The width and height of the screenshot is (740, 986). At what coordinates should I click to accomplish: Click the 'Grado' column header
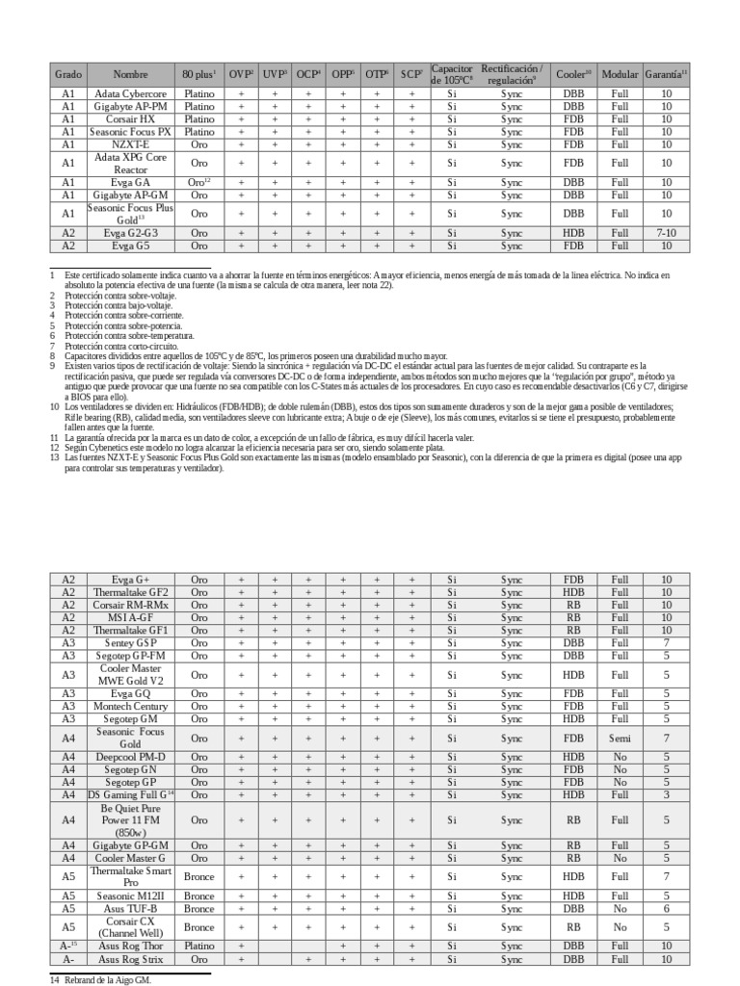click(68, 74)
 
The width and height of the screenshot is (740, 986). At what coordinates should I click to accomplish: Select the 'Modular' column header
click(620, 74)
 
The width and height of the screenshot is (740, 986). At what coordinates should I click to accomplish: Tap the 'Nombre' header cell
click(131, 74)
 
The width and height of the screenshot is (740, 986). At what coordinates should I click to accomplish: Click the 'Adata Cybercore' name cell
click(131, 94)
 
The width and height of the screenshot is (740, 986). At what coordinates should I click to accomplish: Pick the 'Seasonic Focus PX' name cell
click(131, 132)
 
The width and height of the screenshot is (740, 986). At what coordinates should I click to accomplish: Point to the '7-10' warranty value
click(666, 233)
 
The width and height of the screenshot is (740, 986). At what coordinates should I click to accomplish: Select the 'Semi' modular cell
click(620, 738)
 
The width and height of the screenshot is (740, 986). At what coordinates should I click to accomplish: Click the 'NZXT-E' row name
click(131, 144)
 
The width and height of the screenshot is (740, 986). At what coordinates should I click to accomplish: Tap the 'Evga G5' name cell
click(131, 246)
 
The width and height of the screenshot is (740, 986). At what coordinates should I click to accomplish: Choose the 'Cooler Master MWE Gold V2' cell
click(131, 675)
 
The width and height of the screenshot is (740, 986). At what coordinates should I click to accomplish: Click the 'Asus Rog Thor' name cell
click(131, 947)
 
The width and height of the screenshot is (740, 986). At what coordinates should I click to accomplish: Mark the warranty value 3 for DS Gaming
click(666, 795)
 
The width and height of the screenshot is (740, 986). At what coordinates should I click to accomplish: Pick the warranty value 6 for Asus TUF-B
click(666, 908)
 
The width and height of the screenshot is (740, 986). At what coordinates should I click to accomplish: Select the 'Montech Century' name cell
click(131, 706)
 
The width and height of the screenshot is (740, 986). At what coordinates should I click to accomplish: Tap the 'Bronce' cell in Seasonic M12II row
click(199, 895)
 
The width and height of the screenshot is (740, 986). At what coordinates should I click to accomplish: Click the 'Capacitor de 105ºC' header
click(452, 74)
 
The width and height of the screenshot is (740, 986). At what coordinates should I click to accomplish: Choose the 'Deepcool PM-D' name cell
click(131, 758)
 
